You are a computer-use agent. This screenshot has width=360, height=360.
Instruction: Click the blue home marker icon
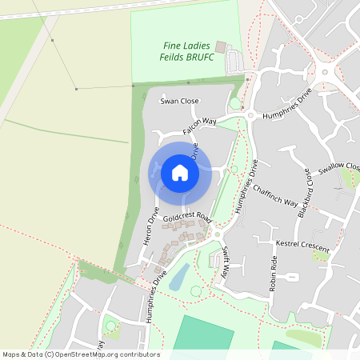tap(180, 173)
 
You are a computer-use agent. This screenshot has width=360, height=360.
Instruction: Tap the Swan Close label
tap(179, 102)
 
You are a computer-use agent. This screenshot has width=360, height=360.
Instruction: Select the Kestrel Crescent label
tap(302, 246)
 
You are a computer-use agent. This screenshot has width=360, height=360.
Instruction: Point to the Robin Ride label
tap(274, 274)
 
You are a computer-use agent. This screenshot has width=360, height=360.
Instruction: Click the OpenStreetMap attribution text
tap(81, 354)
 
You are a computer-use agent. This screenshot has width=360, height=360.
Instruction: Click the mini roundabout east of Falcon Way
tap(250, 116)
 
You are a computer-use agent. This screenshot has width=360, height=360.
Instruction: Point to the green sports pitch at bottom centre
tap(205, 334)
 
